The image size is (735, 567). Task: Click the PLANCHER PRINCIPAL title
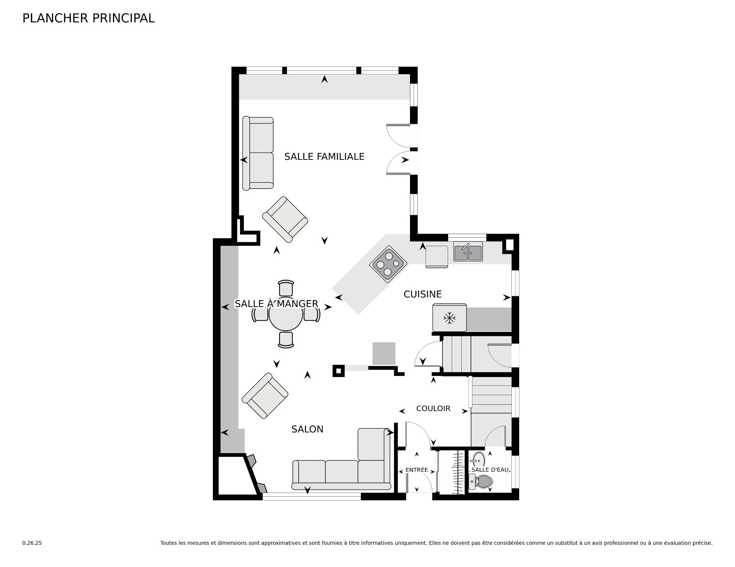[x=88, y=18]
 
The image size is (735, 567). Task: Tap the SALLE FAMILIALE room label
[x=324, y=156]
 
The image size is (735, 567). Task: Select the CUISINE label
[x=423, y=294]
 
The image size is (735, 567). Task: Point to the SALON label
[x=307, y=429]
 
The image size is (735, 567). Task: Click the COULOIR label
[x=433, y=408]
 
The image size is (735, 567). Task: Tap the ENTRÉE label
[x=416, y=470]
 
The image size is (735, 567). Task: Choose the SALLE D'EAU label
[x=490, y=470]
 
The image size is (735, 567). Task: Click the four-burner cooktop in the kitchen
[x=388, y=264]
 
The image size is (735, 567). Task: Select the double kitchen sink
[x=468, y=252]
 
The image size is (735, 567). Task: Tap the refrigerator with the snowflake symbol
[x=449, y=317]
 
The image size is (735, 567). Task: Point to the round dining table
[x=286, y=314]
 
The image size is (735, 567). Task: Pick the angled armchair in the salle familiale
[x=285, y=219]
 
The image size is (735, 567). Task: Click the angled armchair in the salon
[x=265, y=396]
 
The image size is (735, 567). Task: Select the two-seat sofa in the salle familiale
[x=258, y=153]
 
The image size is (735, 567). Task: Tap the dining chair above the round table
[x=286, y=288]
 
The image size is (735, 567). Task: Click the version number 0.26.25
[x=32, y=543]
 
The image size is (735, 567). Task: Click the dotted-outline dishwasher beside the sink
[x=437, y=256]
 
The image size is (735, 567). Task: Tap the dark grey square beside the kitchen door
[x=384, y=353]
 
